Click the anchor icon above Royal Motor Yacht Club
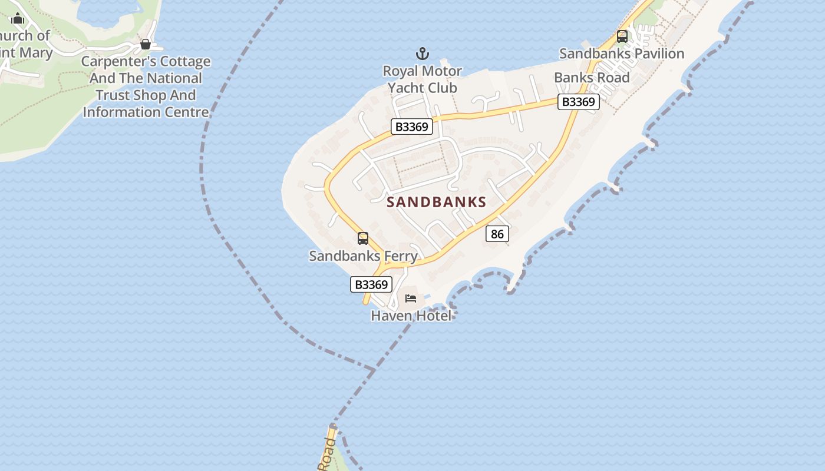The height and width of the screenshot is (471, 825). tap(422, 54)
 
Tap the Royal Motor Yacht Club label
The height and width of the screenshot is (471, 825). tap(422, 79)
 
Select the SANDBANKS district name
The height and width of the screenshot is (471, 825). tap(437, 203)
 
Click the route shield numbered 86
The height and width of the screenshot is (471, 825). tap(497, 234)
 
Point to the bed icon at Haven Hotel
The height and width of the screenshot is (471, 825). tap(411, 298)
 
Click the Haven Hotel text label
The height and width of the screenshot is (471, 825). tap(411, 316)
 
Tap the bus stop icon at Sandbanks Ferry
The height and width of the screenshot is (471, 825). tap(363, 238)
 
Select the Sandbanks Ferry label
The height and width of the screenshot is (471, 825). tap(363, 256)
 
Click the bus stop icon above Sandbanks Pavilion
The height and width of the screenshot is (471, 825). tap(622, 37)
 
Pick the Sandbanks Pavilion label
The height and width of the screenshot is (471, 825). tap(622, 54)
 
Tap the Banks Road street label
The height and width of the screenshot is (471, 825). tap(592, 78)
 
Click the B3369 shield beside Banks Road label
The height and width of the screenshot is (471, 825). tap(579, 102)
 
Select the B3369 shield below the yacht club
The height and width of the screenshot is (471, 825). tap(412, 127)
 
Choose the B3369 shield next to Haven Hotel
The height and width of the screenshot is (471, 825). tap(371, 284)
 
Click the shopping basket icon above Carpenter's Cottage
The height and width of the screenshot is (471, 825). tap(146, 44)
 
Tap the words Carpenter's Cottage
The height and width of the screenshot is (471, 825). tap(146, 61)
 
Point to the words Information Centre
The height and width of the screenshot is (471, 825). tap(146, 112)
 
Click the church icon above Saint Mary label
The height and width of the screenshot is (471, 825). tap(18, 19)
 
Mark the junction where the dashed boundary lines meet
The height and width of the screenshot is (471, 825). tap(373, 370)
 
